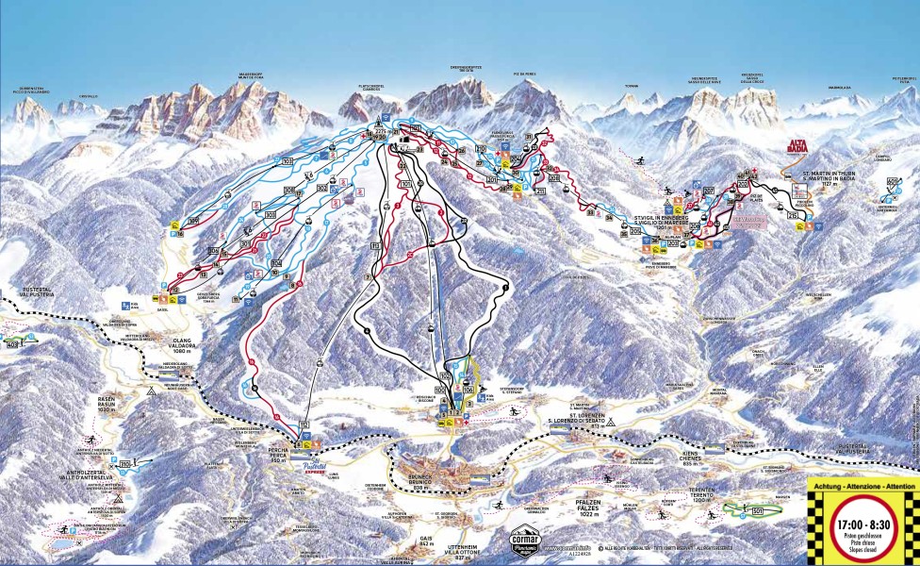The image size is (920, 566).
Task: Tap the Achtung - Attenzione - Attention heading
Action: (862, 485)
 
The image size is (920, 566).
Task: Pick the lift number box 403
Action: (12, 345)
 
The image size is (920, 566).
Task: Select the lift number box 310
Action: (126, 463)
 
